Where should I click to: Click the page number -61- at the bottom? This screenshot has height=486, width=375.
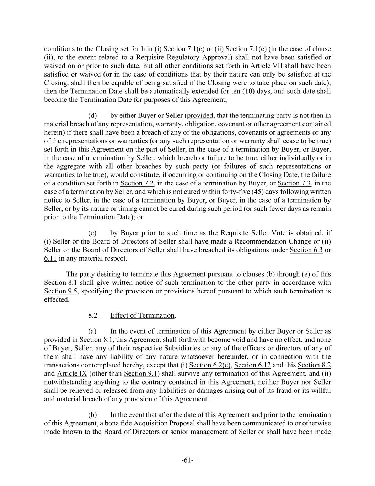pyautogui.click(x=187, y=460)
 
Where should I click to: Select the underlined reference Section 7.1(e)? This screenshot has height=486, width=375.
pyautogui.click(x=246, y=49)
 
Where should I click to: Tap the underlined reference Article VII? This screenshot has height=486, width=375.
pyautogui.click(x=266, y=66)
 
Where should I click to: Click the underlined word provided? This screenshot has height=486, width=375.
pyautogui.click(x=200, y=116)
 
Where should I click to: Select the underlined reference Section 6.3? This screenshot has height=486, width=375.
pyautogui.click(x=306, y=250)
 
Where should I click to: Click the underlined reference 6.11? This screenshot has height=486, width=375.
pyautogui.click(x=50, y=258)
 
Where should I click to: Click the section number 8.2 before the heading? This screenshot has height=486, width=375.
pyautogui.click(x=93, y=315)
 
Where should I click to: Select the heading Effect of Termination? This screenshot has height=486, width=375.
pyautogui.click(x=142, y=315)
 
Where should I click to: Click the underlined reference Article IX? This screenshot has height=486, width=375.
pyautogui.click(x=72, y=374)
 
